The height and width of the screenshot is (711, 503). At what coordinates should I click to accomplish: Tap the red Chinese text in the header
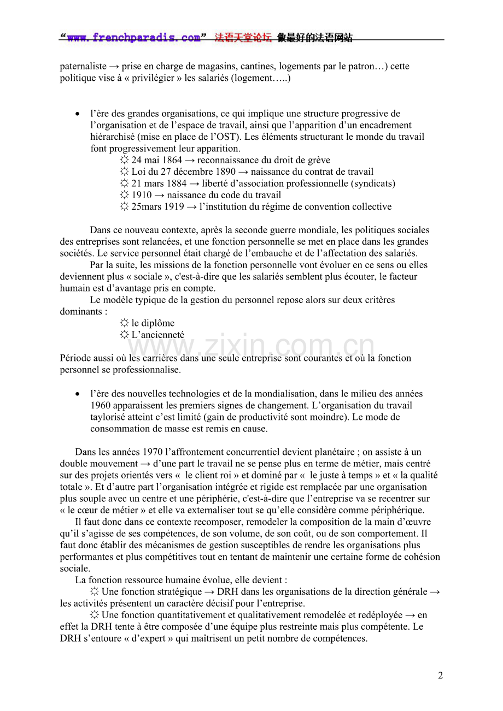click(x=243, y=38)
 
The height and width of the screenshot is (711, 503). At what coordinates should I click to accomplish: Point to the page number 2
click(x=440, y=676)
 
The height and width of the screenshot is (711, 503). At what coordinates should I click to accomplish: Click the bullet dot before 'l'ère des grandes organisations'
click(x=78, y=114)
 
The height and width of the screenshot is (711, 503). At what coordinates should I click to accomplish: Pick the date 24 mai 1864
click(x=156, y=161)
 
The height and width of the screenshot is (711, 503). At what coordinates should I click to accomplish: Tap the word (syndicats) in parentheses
click(x=373, y=183)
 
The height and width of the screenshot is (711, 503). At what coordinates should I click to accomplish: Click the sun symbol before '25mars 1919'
click(x=125, y=207)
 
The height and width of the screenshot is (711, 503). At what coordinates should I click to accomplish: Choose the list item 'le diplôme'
click(x=153, y=323)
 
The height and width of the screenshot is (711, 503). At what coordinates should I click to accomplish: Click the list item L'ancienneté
click(x=157, y=335)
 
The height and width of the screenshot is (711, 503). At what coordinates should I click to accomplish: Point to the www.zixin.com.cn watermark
click(x=251, y=346)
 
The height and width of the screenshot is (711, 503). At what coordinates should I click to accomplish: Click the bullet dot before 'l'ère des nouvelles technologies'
click(x=78, y=394)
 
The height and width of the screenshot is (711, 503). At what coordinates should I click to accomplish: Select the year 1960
click(x=101, y=405)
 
